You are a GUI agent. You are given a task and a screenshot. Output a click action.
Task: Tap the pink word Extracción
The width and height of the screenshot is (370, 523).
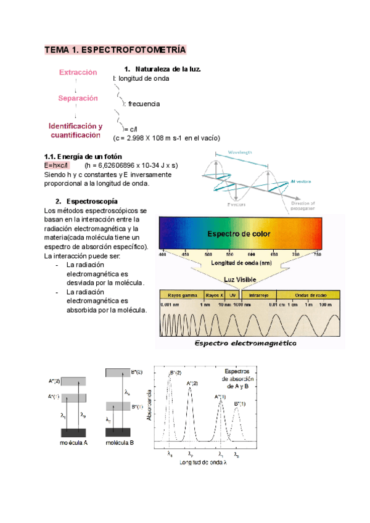78,72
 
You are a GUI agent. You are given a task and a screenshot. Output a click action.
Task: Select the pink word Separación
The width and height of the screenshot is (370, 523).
78,98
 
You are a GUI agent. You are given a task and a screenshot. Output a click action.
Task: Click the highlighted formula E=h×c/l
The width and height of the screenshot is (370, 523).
57,165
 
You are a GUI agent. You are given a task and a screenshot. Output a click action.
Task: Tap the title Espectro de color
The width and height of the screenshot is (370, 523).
240,234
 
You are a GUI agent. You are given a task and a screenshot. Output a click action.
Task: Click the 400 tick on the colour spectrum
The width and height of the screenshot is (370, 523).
163,253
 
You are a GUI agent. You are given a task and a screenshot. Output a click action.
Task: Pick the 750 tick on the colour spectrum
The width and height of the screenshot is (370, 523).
317,253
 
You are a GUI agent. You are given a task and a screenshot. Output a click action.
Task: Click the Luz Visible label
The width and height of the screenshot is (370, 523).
240,279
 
